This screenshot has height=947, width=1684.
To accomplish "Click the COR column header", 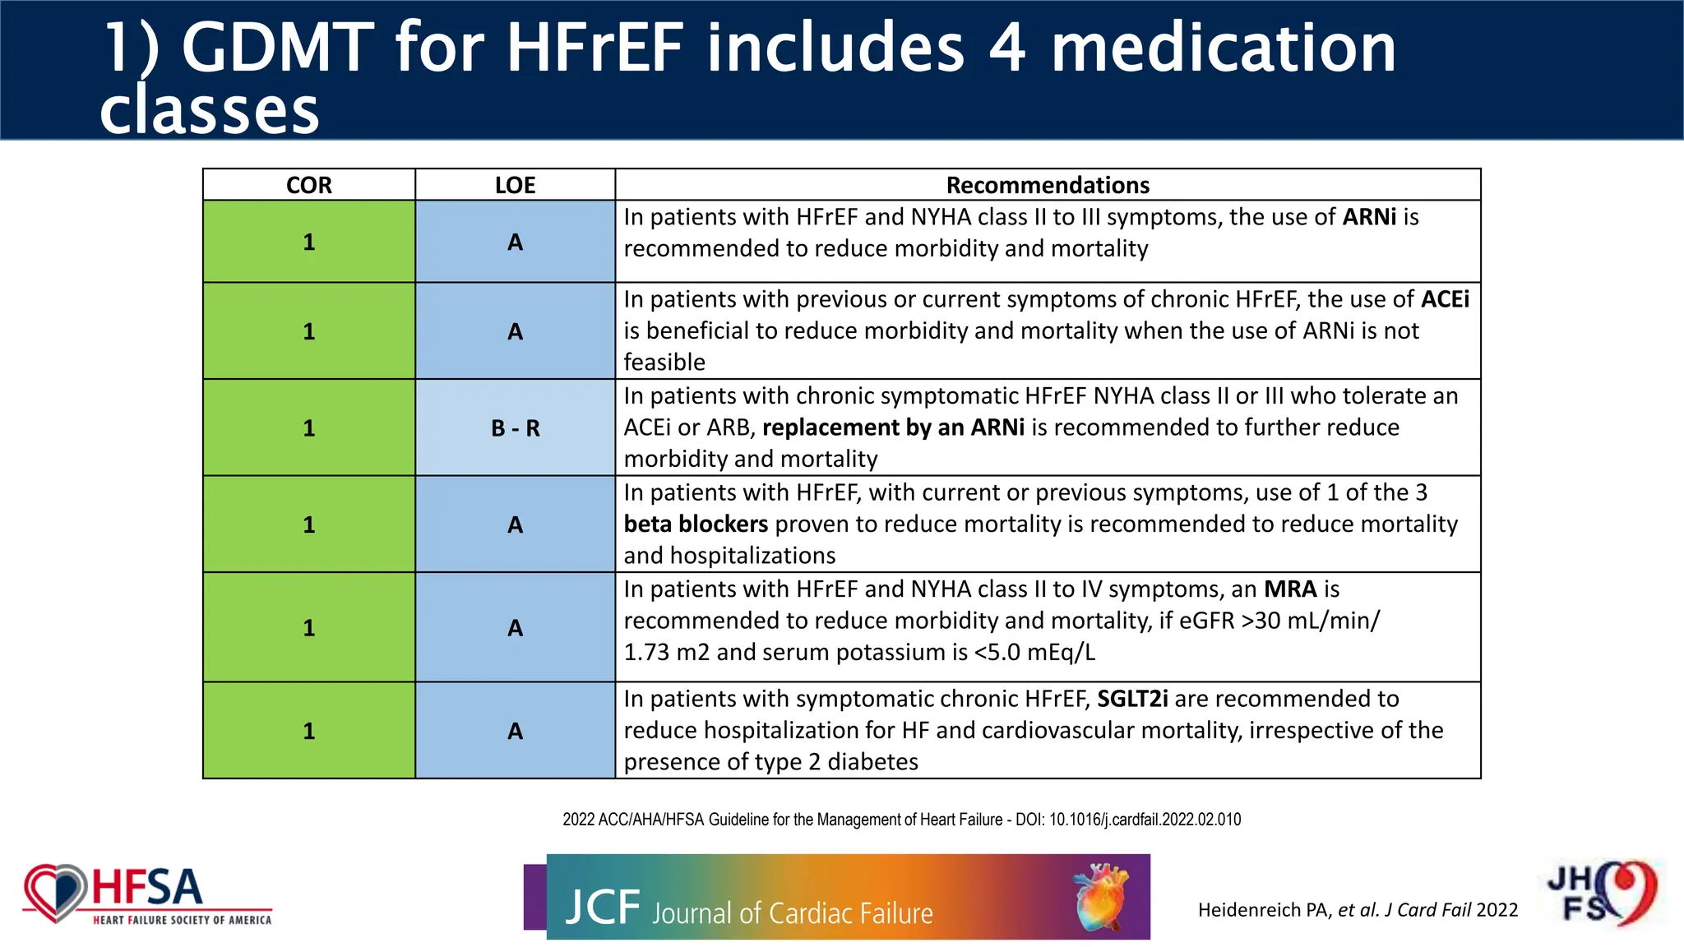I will tap(309, 185).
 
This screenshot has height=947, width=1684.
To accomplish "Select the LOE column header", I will tap(515, 185).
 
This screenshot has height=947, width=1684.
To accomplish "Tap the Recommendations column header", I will tap(1048, 185).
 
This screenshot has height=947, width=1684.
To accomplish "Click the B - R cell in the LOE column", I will tap(515, 428).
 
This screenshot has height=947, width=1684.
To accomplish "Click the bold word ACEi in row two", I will tap(1445, 299).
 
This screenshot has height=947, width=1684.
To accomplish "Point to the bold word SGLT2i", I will tap(1132, 699).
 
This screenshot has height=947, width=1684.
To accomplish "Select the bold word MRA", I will tap(1290, 589).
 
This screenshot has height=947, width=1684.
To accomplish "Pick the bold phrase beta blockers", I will tap(696, 524).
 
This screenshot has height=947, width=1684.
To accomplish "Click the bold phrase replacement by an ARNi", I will tap(893, 427).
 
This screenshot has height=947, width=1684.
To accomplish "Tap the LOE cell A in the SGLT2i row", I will tap(515, 731).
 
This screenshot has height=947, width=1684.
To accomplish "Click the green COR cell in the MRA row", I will tap(309, 628).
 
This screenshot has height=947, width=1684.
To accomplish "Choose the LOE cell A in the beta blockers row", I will tap(515, 524).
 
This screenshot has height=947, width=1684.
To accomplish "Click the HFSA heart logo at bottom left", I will tap(56, 893).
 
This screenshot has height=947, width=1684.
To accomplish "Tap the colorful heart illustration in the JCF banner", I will tap(1101, 896).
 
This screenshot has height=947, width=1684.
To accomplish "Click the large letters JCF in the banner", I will tap(602, 908).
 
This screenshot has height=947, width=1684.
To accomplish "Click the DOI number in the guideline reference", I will tap(1145, 820).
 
